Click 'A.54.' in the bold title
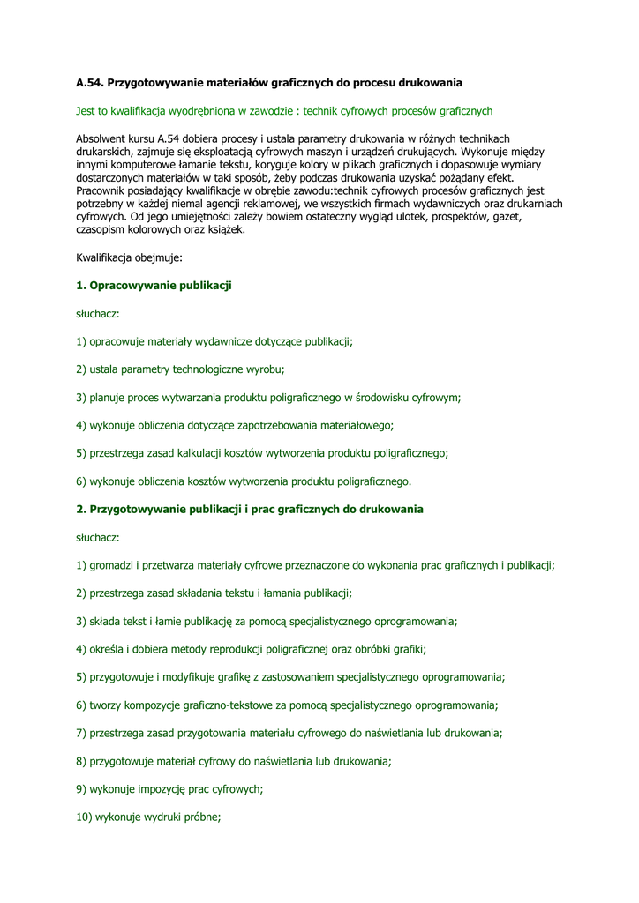click(x=89, y=83)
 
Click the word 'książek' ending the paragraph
click(x=226, y=229)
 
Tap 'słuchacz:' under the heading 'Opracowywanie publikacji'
click(x=98, y=313)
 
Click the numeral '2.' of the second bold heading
click(x=81, y=509)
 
